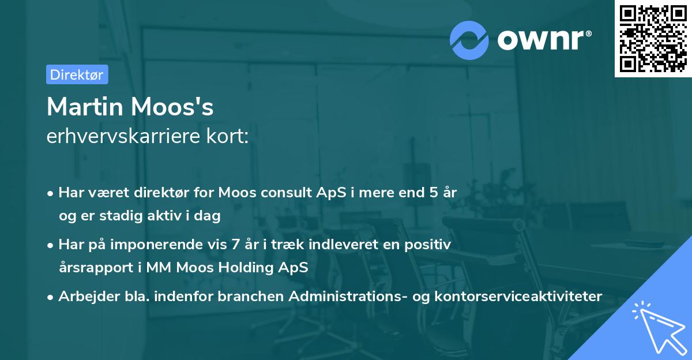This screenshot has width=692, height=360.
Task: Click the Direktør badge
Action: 77,74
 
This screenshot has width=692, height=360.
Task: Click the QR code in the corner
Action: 653,39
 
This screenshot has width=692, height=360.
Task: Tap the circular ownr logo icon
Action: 469,40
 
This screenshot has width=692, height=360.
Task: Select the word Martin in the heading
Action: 85,107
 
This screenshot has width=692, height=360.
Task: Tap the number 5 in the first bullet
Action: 434,193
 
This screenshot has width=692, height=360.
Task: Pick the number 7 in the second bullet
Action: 235,245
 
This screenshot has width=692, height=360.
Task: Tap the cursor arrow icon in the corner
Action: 657,326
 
